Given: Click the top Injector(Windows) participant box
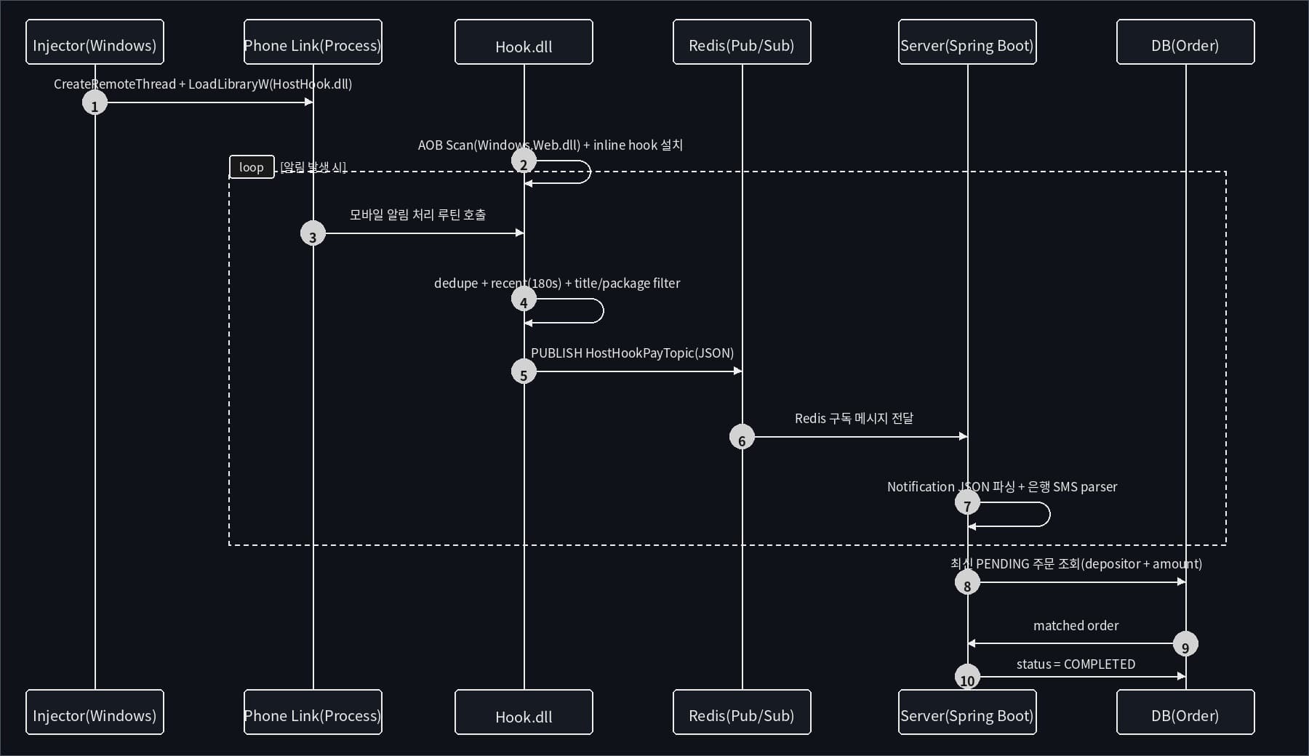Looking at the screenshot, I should pyautogui.click(x=95, y=42).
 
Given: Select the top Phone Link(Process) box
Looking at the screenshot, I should pyautogui.click(x=313, y=42).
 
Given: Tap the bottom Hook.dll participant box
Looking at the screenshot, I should pyautogui.click(x=524, y=712).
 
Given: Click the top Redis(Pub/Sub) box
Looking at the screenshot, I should pyautogui.click(x=742, y=42).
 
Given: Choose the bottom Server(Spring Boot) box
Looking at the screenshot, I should pyautogui.click(x=967, y=712).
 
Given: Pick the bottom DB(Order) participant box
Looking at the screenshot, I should pyautogui.click(x=1185, y=712).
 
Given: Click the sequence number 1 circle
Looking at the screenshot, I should pyautogui.click(x=95, y=103).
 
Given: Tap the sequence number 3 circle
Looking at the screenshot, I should pyautogui.click(x=313, y=234).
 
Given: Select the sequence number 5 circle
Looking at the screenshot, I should pyautogui.click(x=524, y=372).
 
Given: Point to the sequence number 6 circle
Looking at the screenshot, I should pyautogui.click(x=742, y=438).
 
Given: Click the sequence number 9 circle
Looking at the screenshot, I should pyautogui.click(x=1185, y=644).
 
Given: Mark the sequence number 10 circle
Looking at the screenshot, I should pyautogui.click(x=967, y=677).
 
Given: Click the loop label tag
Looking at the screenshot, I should pyautogui.click(x=252, y=167).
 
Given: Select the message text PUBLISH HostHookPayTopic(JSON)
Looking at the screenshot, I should pyautogui.click(x=632, y=353).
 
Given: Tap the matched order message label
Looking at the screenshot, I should pyautogui.click(x=1076, y=626).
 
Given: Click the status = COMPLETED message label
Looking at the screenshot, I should pyautogui.click(x=1076, y=664).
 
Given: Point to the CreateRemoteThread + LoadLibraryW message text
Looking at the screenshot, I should pyautogui.click(x=203, y=84).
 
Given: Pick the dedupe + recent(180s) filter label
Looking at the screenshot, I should pyautogui.click(x=557, y=283).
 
